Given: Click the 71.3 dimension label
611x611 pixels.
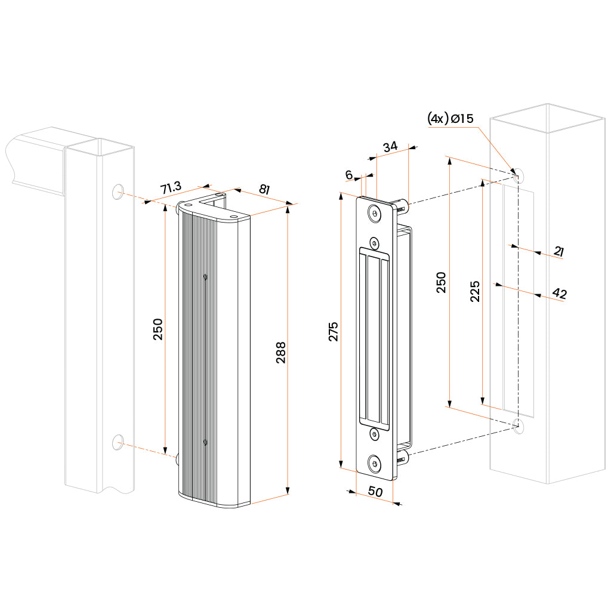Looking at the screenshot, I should point(171,188).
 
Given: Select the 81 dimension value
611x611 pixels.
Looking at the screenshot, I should point(263,189).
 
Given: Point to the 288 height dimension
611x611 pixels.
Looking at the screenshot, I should point(281,352).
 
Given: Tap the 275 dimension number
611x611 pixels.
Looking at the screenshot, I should point(333,331).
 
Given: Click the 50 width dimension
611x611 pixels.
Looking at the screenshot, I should point(375,493).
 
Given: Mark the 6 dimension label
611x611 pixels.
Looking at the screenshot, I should point(349,174).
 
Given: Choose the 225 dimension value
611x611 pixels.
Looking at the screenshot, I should point(475,291).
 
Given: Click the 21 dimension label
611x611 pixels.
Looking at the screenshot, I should point(558,252).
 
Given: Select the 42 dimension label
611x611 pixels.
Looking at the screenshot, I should point(559,293).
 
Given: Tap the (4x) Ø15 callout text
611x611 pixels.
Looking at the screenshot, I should point(450,119).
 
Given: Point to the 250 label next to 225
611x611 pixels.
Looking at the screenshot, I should point(441,282).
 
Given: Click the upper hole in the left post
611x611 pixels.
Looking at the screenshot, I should point(118,191).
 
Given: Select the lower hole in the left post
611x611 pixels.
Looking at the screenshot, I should point(118,442).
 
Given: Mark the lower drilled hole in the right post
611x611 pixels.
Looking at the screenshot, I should point(518,426).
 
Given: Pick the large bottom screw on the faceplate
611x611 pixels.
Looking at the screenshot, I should point(374,462).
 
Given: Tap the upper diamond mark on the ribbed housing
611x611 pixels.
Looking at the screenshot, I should point(205,276).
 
